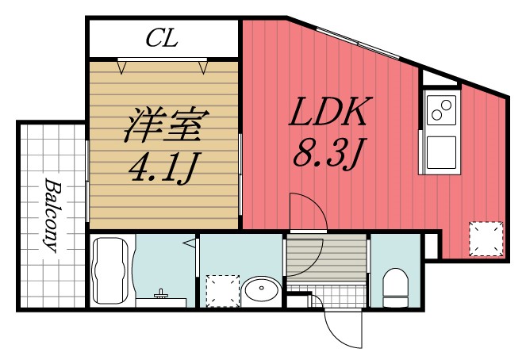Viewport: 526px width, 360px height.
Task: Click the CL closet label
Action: [x=162, y=36]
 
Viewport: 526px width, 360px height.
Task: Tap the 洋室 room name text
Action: [x=163, y=125]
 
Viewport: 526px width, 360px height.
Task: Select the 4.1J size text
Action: [x=163, y=167]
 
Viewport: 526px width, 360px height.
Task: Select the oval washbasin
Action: [x=259, y=290]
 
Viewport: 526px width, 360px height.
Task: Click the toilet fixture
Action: [x=394, y=286]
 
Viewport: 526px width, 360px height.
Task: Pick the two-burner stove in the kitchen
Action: [x=441, y=111]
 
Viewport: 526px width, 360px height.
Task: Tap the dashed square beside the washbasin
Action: [x=222, y=290]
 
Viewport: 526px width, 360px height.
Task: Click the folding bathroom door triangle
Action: [x=190, y=243]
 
